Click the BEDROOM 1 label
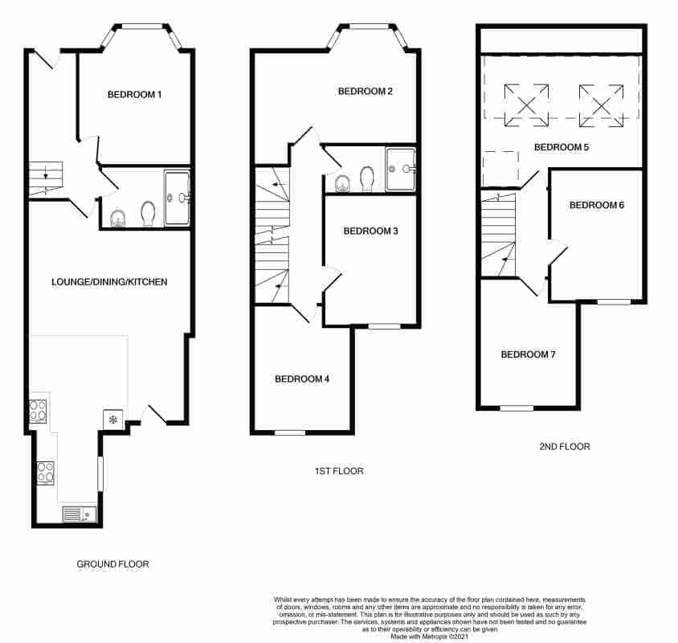pos(135,95)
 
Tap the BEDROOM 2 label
pos(365,91)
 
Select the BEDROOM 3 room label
pos(370,231)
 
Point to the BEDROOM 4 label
pos(302,379)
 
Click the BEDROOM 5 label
pos(562,147)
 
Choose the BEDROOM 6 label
pos(596,205)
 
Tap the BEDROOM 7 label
pos(528,354)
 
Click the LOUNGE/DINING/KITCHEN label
pos(109,282)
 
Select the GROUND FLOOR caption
pos(112,564)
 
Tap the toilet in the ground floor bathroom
pos(147,215)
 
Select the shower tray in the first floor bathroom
pos(401,170)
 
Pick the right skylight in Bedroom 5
pos(602,104)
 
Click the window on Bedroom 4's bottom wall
pos(290,432)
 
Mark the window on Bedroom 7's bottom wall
pos(517,408)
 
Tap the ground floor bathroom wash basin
pos(118,218)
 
